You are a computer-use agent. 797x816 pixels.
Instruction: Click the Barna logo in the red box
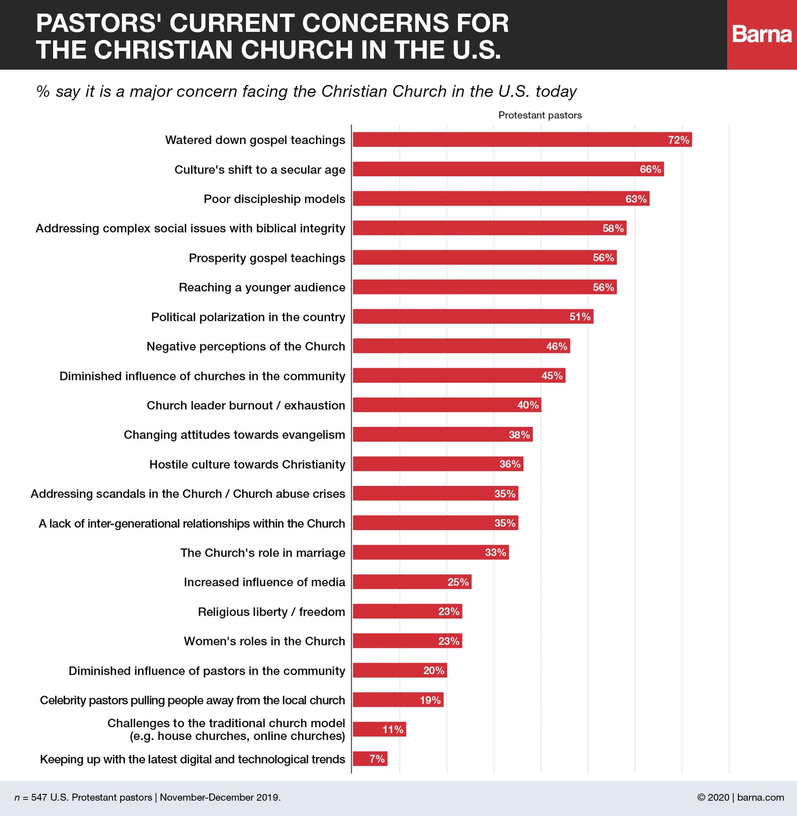pos(762,35)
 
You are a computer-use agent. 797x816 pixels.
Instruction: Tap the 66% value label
pos(650,169)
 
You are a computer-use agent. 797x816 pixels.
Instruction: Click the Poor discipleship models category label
pos(274,199)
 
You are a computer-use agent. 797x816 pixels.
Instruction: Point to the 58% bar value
pos(613,228)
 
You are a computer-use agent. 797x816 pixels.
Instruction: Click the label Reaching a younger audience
pos(262,287)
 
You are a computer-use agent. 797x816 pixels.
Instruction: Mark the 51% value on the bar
pos(580,317)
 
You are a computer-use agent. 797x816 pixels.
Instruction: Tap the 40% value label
pos(528,405)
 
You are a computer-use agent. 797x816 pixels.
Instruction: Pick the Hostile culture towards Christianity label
pos(247,464)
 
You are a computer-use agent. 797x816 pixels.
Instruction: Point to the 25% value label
pos(458,582)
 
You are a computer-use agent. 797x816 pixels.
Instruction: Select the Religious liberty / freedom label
pos(271,612)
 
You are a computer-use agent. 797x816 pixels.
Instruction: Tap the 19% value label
pos(430,700)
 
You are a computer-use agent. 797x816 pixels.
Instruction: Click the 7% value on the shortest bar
pos(377,759)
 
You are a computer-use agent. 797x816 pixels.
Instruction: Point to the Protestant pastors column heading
pos(540,115)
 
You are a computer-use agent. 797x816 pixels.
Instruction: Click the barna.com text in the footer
pos(760,797)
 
